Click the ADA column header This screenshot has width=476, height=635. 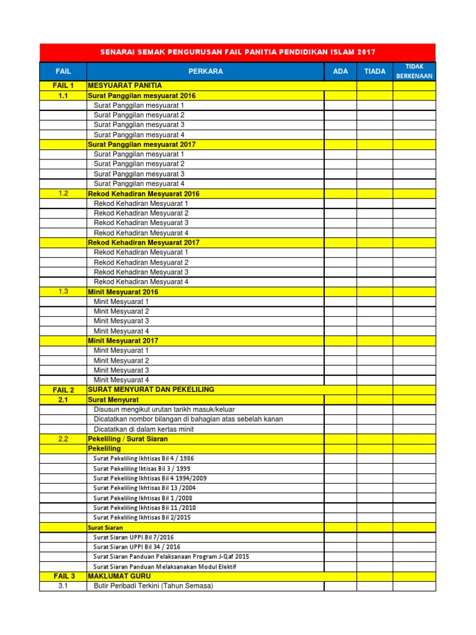(340, 71)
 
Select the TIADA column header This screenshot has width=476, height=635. (374, 71)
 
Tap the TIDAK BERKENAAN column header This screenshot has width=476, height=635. (414, 71)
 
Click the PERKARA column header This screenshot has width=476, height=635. (206, 71)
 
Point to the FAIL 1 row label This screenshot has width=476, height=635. (63, 86)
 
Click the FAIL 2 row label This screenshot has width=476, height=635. (63, 390)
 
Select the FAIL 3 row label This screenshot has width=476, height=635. (63, 576)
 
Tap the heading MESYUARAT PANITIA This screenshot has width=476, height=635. (125, 85)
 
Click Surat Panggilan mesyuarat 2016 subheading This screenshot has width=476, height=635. (142, 95)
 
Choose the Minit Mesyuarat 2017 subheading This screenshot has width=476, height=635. (123, 340)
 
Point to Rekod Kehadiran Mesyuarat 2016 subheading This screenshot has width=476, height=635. (144, 193)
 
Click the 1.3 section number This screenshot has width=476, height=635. (63, 291)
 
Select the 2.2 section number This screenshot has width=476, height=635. (63, 438)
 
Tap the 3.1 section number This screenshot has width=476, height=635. (63, 586)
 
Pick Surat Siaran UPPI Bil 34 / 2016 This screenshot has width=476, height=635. (137, 547)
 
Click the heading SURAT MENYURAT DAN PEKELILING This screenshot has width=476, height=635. (151, 389)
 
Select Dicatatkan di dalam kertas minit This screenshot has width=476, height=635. (144, 429)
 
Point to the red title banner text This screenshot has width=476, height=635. (237, 52)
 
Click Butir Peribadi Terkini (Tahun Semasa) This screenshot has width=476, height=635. (153, 586)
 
